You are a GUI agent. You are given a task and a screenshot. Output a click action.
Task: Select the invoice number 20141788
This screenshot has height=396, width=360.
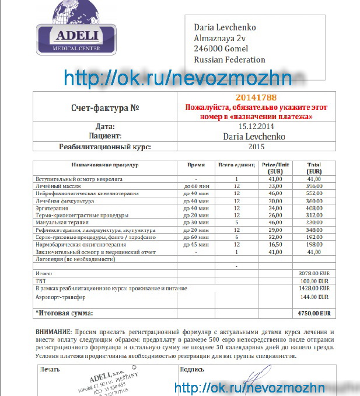pos(256,98)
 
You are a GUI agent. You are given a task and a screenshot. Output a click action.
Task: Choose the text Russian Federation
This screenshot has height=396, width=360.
pos(229,60)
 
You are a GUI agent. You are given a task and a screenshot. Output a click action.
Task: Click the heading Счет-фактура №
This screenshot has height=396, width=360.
pos(106,108)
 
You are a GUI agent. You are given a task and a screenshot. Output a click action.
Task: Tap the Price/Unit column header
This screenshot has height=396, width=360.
pos(275,168)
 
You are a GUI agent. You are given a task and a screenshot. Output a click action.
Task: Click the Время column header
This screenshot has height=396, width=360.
pos(195,165)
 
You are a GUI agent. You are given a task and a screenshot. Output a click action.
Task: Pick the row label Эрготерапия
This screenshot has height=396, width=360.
pos(52,208)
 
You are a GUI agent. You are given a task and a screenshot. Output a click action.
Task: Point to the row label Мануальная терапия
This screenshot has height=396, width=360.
pos(62,223)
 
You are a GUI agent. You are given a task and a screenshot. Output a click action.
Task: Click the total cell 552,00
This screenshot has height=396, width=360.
pos(314,193)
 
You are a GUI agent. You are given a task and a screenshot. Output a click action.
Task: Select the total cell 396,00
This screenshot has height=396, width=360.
pos(314,186)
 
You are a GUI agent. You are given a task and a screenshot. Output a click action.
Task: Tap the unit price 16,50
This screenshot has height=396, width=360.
pos(275,245)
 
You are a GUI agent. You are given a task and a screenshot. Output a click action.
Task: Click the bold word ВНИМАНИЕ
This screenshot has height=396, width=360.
pos(54,331)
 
